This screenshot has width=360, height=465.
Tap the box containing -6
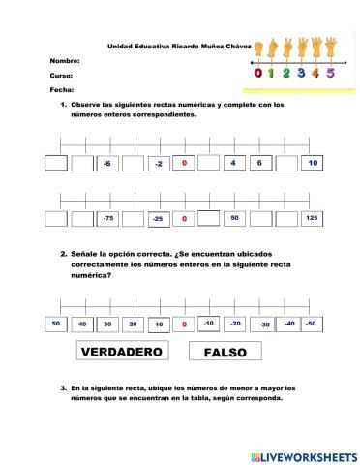(106, 164)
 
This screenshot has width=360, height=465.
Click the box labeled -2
(158, 164)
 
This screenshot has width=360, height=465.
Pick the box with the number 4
(233, 163)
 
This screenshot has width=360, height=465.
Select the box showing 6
(259, 163)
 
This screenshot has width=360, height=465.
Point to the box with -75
(107, 219)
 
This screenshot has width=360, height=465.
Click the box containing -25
(158, 219)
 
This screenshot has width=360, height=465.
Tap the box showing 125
(311, 218)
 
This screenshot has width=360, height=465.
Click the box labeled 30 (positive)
(107, 324)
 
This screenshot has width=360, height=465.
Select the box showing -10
(209, 323)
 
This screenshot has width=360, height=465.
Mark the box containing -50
(310, 323)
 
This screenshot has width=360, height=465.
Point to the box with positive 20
(133, 324)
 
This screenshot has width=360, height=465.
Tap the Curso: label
(61, 75)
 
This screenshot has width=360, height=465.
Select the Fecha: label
(61, 89)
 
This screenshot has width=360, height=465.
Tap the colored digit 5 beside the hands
(330, 71)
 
